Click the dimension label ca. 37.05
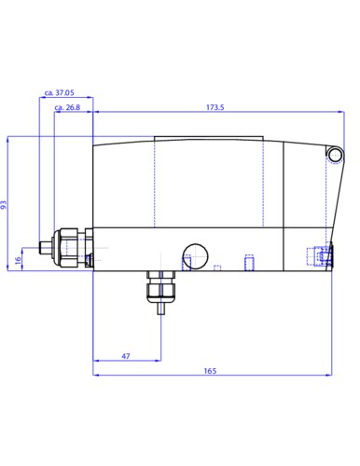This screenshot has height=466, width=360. pos(60,92)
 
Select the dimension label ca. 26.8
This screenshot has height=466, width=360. pos(67,107)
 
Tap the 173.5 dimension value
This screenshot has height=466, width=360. pos(215,107)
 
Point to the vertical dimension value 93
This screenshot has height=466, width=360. pos(4,205)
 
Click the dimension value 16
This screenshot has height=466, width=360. pos(19,259)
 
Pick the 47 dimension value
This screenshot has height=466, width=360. pos(126,356)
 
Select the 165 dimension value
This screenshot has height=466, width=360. pos(210,371)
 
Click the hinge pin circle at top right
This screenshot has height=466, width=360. pos(335,155)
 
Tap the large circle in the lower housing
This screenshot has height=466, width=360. pos(195,256)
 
